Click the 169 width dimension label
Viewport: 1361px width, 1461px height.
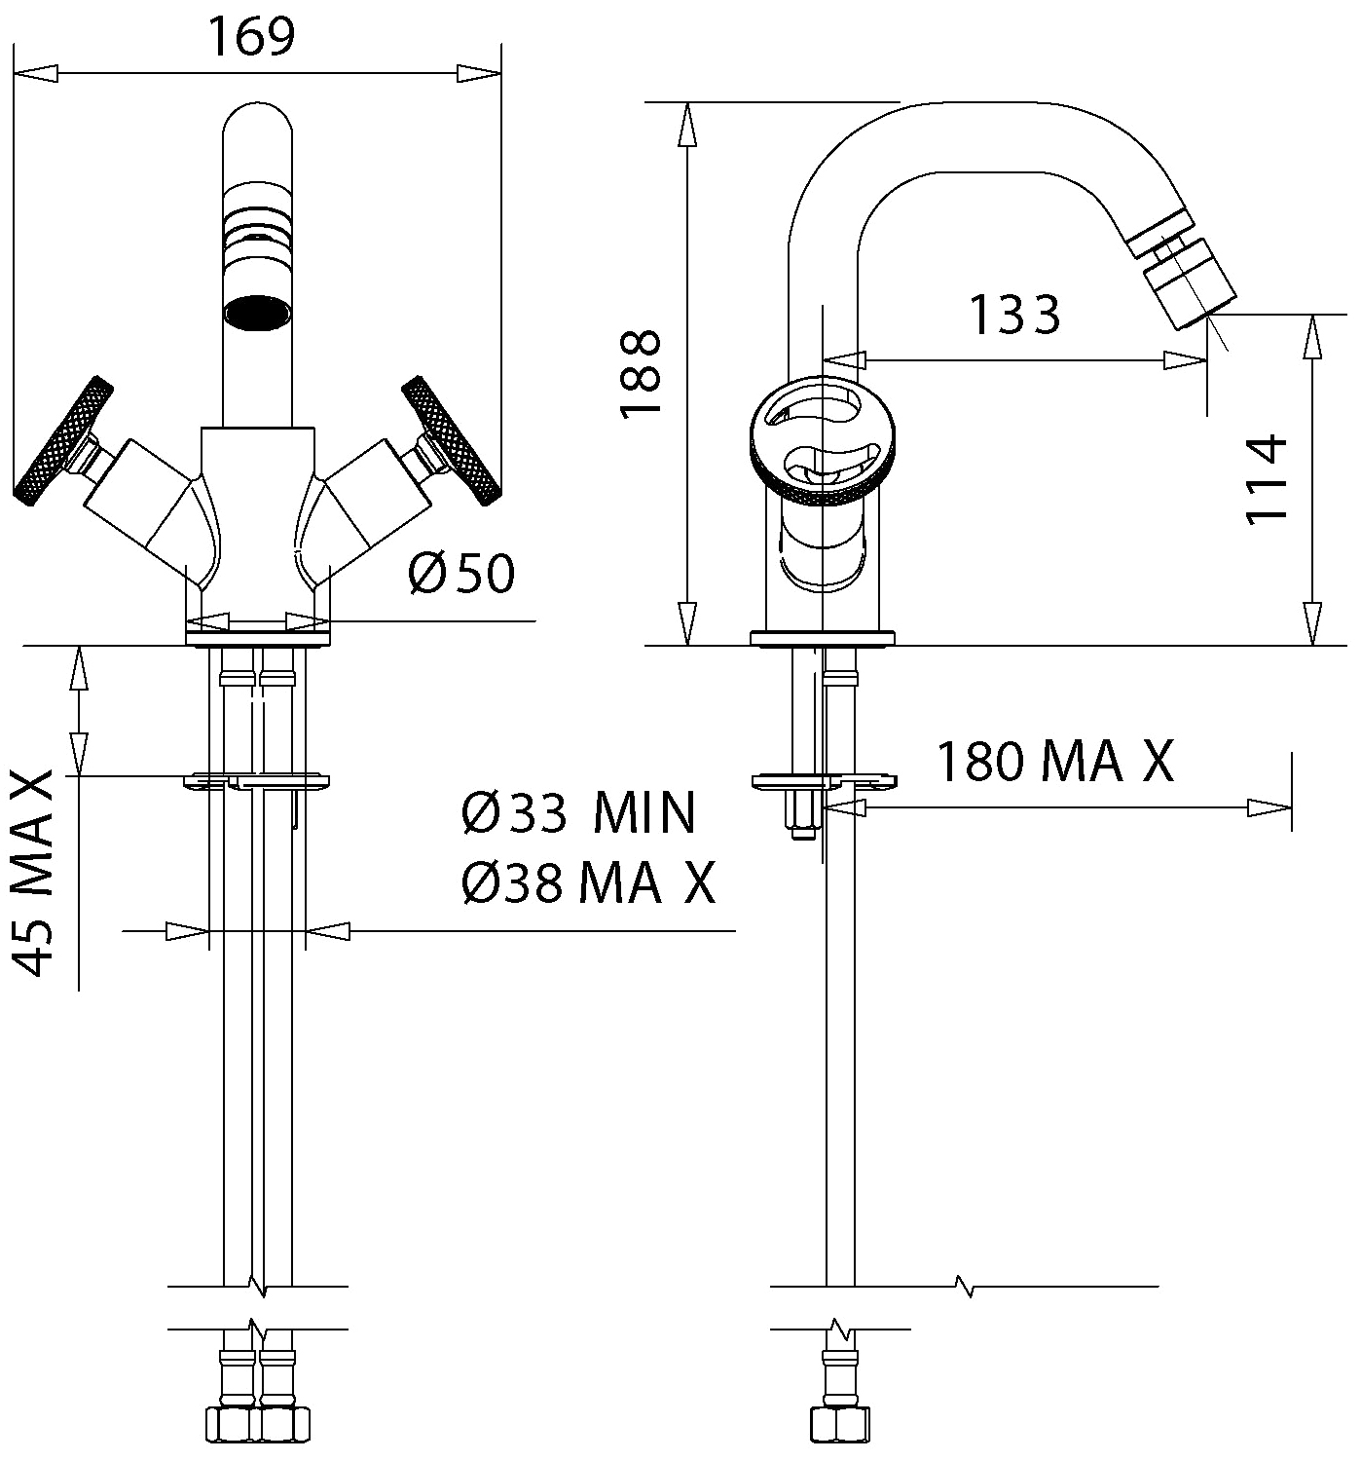tap(251, 36)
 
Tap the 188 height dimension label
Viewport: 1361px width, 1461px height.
tap(640, 374)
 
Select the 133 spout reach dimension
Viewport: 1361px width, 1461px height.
tap(1014, 315)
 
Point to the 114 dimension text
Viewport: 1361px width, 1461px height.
tap(1267, 479)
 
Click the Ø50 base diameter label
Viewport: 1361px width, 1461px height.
tap(461, 573)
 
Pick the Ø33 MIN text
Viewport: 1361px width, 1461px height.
tap(578, 813)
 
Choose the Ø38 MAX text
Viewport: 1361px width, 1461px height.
tap(588, 882)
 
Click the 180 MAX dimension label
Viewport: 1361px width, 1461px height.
tap(1055, 762)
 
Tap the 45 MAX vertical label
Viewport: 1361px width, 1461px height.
tap(33, 874)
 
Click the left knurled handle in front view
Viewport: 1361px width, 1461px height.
tap(63, 440)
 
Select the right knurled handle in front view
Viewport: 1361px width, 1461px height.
tap(451, 440)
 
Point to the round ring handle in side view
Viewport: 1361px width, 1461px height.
tap(823, 440)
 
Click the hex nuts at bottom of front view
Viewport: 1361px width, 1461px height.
tap(257, 1424)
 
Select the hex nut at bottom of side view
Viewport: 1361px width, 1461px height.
tap(839, 1424)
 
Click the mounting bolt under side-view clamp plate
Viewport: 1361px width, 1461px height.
tap(803, 813)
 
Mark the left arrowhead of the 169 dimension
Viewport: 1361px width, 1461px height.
tap(35, 73)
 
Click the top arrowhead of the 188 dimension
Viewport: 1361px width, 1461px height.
tap(687, 124)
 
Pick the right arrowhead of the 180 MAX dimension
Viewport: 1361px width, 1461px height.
tap(1269, 807)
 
